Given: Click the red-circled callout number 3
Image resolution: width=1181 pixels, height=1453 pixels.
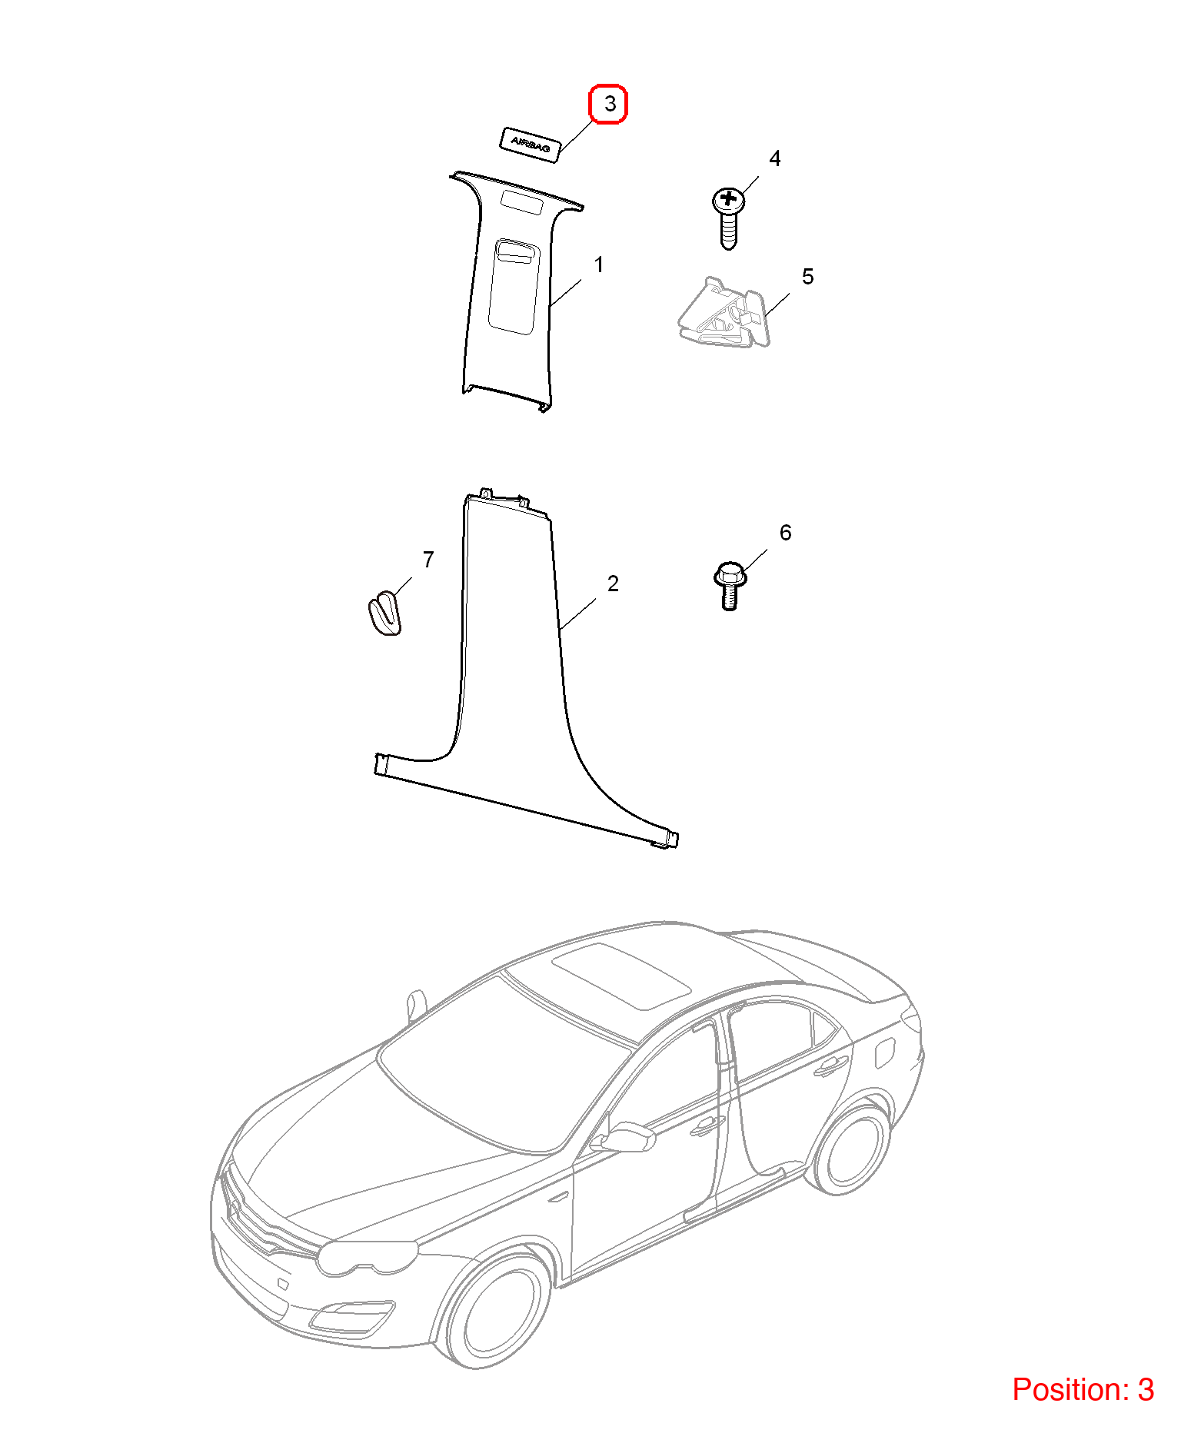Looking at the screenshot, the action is tap(608, 104).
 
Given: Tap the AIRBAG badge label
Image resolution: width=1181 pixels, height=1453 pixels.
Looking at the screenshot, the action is tap(530, 145).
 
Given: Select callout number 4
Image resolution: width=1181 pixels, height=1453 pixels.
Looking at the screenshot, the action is tap(775, 158).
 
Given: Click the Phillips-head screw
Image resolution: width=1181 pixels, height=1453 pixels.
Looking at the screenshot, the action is tap(729, 218).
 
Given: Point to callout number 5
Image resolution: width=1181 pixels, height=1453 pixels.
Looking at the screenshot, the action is tap(807, 277).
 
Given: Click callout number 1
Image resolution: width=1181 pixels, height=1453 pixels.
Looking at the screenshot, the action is tap(599, 265).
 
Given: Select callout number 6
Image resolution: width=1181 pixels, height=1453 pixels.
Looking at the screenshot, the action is tap(785, 533).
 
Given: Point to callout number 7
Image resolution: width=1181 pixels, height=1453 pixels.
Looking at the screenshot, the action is tap(428, 560).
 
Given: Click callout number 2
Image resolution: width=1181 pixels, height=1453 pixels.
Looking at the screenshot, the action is tap(613, 584).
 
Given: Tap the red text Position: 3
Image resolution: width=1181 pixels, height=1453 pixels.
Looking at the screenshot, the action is tap(1083, 1390).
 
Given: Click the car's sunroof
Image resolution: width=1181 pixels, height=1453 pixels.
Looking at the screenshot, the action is tap(621, 974).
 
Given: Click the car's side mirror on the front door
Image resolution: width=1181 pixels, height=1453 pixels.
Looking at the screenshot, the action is tap(628, 1137).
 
